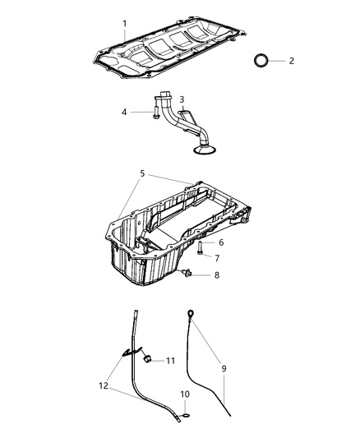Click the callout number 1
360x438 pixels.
[x=125, y=24]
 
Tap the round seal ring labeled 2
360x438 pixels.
[x=261, y=61]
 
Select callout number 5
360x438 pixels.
[x=141, y=174]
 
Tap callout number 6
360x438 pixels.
[x=219, y=242]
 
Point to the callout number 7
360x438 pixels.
[x=217, y=258]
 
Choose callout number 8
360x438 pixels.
[x=217, y=275]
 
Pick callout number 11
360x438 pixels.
[x=171, y=360]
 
